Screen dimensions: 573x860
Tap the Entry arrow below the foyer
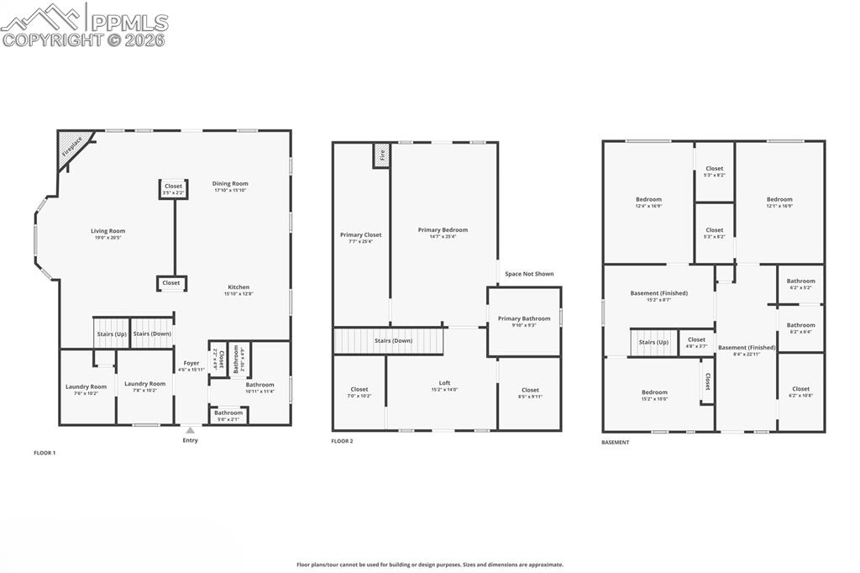tap(191, 430)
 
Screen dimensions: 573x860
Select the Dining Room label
tap(230, 183)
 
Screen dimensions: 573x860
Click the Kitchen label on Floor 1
tap(239, 286)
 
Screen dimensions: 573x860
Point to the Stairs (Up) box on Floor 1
tap(111, 333)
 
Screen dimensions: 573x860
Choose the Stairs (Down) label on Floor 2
tap(392, 340)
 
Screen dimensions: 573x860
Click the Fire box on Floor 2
tap(381, 155)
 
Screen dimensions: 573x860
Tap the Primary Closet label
tap(360, 234)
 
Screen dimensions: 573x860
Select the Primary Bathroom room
tap(524, 321)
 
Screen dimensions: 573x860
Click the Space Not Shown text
tap(529, 273)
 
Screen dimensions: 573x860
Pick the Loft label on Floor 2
tap(444, 382)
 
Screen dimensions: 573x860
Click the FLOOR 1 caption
tap(45, 453)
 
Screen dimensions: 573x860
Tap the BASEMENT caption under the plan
tap(615, 442)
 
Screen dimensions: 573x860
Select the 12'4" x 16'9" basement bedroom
tap(648, 202)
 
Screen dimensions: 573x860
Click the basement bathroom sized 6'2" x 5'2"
tap(800, 283)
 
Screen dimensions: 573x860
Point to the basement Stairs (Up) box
tap(653, 342)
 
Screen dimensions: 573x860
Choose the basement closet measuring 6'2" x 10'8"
tap(800, 391)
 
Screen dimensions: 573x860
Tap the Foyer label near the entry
tap(191, 363)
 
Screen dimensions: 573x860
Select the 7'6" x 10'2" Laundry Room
tap(87, 388)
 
